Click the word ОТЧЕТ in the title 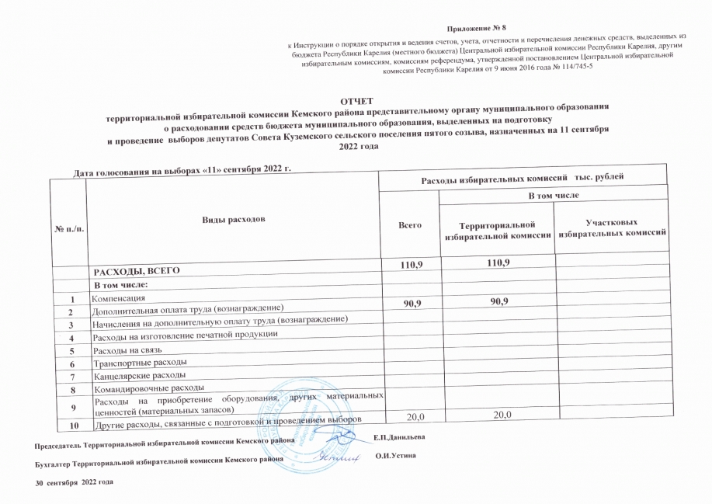pos(356,101)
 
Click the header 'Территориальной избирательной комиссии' pos(496,229)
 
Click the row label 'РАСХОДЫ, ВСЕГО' pos(137,272)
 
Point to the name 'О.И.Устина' pos(396,454)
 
